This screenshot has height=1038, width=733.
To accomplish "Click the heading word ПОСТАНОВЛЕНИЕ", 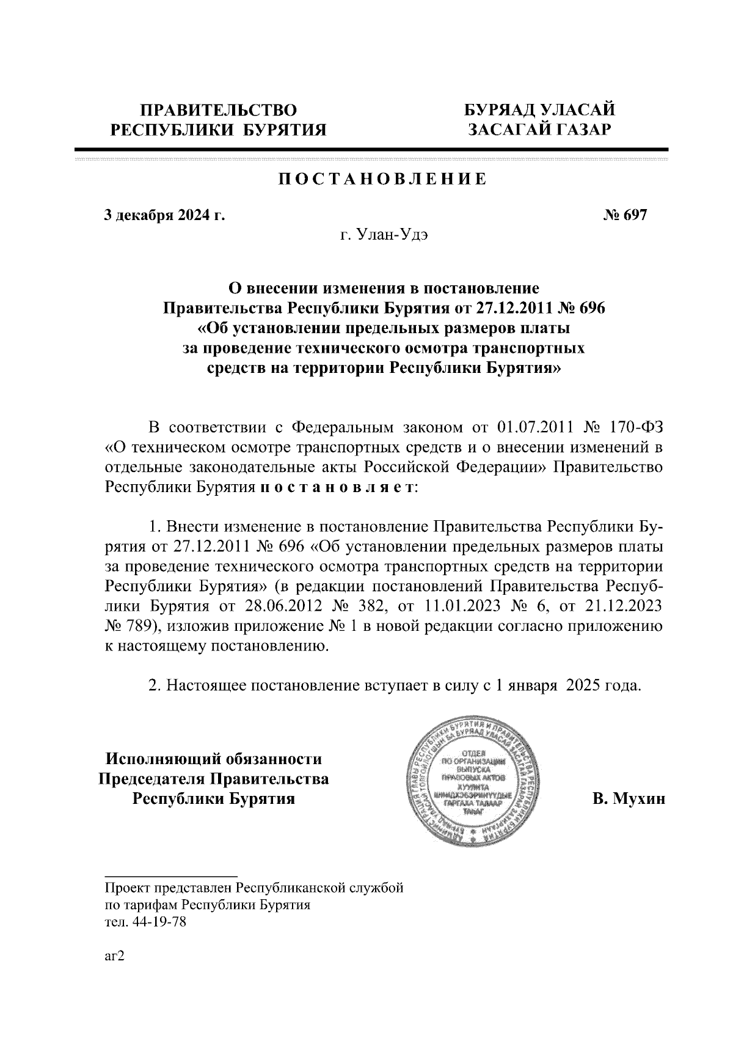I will tap(382, 179).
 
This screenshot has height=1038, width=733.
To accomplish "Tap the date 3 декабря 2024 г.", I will tap(164, 215).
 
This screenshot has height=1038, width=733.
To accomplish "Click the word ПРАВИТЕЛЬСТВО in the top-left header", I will tap(219, 110).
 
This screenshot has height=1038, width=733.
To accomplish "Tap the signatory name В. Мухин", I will tap(628, 798).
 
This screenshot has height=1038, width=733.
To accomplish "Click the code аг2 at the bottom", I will tap(115, 957).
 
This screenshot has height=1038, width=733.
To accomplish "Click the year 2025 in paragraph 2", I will tap(582, 685).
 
